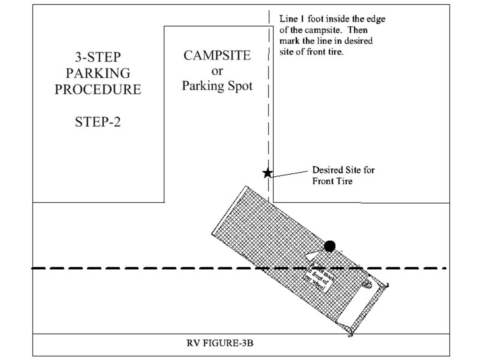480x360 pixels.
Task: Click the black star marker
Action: tap(267, 173)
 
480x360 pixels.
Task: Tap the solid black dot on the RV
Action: tap(330, 246)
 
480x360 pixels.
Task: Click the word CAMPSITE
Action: tap(217, 55)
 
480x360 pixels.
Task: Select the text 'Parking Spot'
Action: tap(217, 86)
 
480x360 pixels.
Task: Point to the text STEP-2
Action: tap(98, 122)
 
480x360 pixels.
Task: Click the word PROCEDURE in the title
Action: tap(98, 89)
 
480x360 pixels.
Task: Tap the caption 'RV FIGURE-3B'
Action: tap(220, 344)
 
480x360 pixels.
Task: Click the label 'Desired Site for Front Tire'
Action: tap(343, 175)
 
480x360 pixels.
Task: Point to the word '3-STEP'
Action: tap(98, 57)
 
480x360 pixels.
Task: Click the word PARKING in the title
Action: tap(98, 73)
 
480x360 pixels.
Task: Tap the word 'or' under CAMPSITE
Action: tap(217, 71)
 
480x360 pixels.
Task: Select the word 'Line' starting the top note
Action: tap(287, 19)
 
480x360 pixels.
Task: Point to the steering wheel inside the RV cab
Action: tap(366, 284)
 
